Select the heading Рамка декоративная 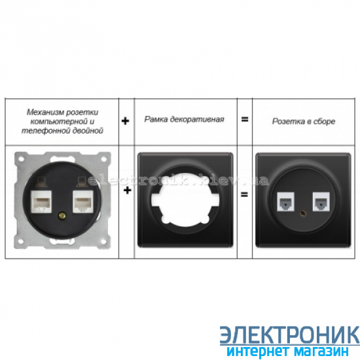184,119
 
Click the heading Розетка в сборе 304,121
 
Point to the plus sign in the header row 126,121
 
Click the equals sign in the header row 245,119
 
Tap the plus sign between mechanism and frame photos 128,190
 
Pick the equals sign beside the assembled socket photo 244,194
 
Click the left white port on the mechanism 41,202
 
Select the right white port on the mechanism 83,202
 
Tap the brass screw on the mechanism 62,216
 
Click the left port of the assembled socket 286,202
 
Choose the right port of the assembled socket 321,202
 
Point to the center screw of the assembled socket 303,214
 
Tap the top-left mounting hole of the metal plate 21,158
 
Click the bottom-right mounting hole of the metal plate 103,242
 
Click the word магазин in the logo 321,351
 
